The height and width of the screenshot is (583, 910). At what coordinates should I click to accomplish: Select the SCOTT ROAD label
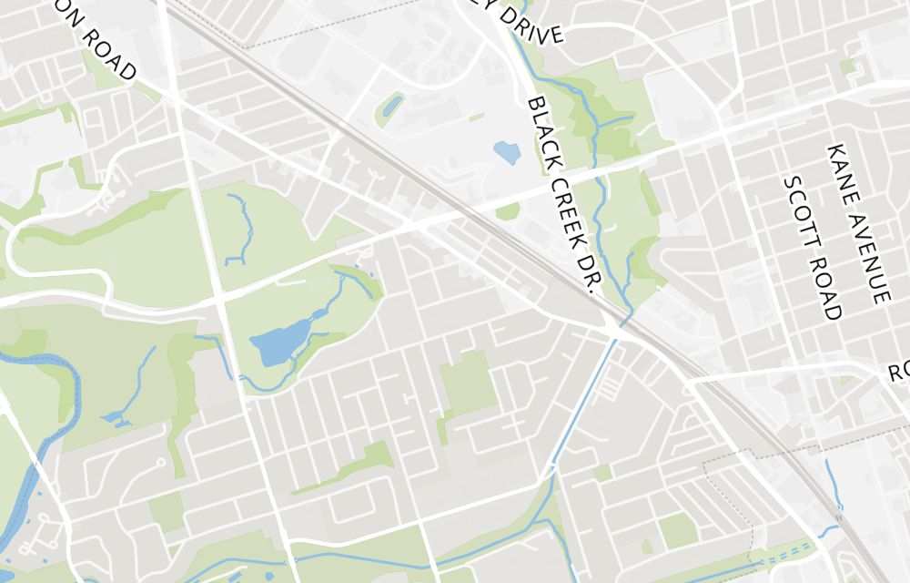coord(812,247)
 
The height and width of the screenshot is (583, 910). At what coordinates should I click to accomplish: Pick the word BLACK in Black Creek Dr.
coord(541,127)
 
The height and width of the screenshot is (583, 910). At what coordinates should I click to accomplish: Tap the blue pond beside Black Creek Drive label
coord(506,151)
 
